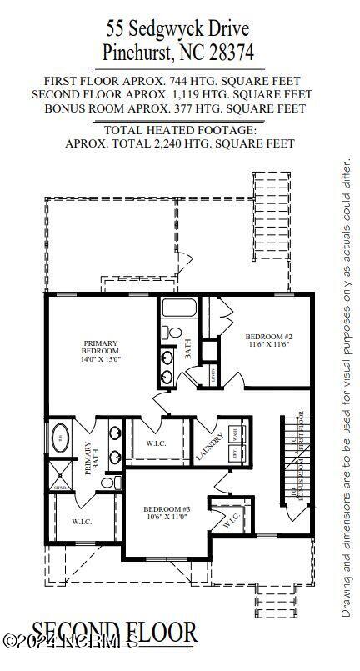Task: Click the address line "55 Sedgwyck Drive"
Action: (x=177, y=31)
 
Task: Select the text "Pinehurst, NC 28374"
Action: (x=177, y=53)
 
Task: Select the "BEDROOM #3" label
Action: (x=167, y=509)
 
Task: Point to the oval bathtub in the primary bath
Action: (x=61, y=437)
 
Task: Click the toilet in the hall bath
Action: (x=173, y=332)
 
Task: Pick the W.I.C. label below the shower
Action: (x=81, y=522)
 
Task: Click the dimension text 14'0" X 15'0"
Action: (x=101, y=359)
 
